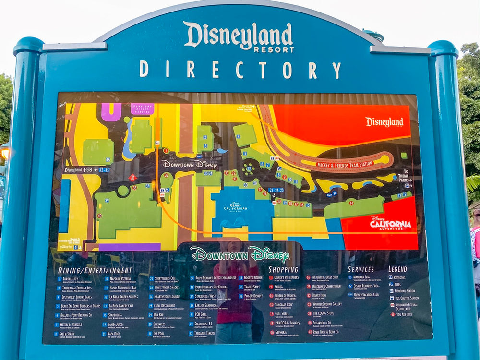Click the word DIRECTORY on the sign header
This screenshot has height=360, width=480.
[x=240, y=70]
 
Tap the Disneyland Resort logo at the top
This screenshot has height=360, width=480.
[x=239, y=37]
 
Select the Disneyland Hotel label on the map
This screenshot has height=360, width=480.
[x=80, y=170]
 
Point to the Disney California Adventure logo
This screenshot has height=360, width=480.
[x=390, y=224]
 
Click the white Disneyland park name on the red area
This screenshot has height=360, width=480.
[x=384, y=122]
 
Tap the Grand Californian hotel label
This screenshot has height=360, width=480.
[x=235, y=209]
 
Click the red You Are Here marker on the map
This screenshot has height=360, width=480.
[x=133, y=177]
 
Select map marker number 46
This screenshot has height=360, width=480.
[x=108, y=159]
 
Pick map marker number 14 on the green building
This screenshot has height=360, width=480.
[x=351, y=203]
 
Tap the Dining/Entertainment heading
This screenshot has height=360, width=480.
[x=95, y=270]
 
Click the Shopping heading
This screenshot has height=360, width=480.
[x=283, y=270]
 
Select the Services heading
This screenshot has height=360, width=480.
[x=360, y=269]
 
